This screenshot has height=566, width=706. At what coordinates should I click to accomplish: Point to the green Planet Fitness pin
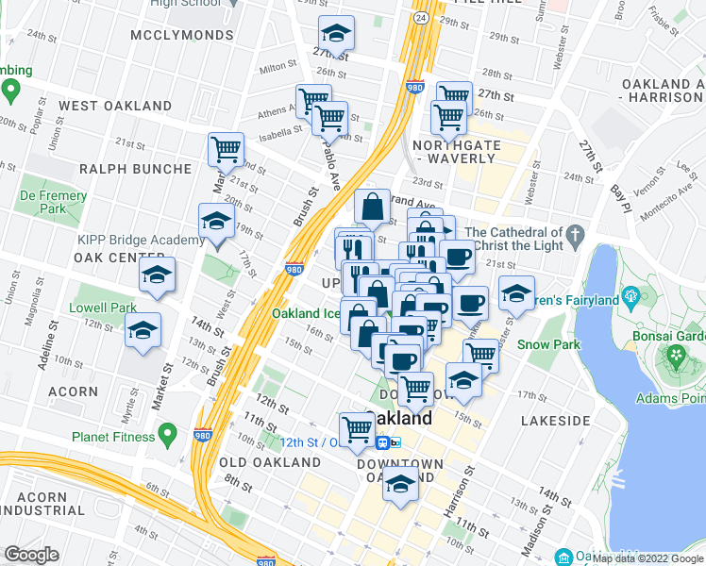[168, 436]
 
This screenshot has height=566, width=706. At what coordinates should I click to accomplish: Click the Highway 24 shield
[418, 17]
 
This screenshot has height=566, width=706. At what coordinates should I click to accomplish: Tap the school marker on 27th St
[333, 35]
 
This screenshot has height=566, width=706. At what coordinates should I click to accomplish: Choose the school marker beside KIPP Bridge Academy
[216, 222]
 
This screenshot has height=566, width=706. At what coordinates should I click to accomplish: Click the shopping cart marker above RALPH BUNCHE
[227, 148]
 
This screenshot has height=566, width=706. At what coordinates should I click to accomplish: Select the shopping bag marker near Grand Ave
[373, 206]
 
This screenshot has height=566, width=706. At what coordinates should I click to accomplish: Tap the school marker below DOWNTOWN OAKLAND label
[400, 485]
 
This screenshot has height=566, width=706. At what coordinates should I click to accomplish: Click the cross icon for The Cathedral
[575, 233]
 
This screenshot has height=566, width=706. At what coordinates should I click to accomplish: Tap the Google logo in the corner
[31, 555]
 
